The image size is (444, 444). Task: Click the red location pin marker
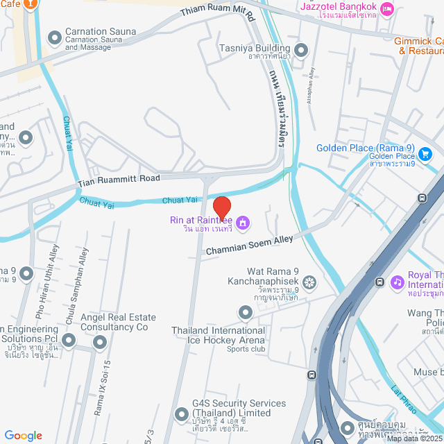click(x=221, y=207)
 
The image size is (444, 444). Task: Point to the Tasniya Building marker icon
click(x=301, y=49)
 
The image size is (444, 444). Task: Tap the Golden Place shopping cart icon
click(x=426, y=153)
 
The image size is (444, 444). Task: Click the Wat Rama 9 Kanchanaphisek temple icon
click(x=309, y=282)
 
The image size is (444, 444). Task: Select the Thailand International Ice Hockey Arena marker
click(x=245, y=314)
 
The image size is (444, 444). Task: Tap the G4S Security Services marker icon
click(x=182, y=415)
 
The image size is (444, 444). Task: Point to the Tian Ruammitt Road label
click(x=119, y=178)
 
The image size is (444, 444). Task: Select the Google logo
click(x=24, y=435)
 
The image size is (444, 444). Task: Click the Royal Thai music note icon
click(x=397, y=282)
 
